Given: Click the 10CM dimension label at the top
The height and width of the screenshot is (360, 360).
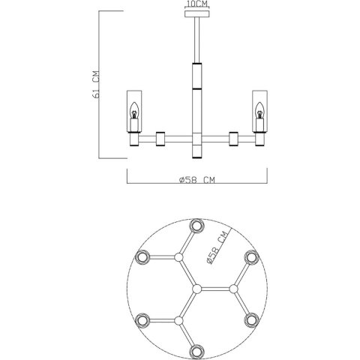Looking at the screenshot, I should tap(197, 4).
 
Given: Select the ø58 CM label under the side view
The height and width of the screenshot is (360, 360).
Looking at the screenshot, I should tap(197, 180).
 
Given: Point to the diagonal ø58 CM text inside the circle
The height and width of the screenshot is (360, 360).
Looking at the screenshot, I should tap(220, 253).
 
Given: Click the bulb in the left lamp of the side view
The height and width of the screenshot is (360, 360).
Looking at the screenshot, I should tap(134, 115).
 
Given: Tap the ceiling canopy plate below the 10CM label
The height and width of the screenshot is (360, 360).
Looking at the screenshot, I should tap(197, 12).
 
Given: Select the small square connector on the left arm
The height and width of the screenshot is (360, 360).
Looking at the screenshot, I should tap(160, 138).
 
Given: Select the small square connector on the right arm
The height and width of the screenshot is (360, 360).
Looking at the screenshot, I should tap(235, 138).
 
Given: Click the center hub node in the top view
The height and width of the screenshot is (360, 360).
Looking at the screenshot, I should tap(196, 288).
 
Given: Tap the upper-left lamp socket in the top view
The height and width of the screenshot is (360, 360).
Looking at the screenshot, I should tap(141, 257).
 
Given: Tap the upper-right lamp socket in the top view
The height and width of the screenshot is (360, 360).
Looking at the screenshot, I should tap(252, 257).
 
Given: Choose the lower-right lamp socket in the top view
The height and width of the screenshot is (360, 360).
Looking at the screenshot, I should tap(252, 320).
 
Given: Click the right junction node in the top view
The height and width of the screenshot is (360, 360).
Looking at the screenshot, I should tap(233, 288).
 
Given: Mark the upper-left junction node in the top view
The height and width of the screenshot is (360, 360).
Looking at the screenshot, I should tap(178, 257).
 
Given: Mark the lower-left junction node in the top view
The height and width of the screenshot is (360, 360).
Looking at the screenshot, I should tap(178, 320).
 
